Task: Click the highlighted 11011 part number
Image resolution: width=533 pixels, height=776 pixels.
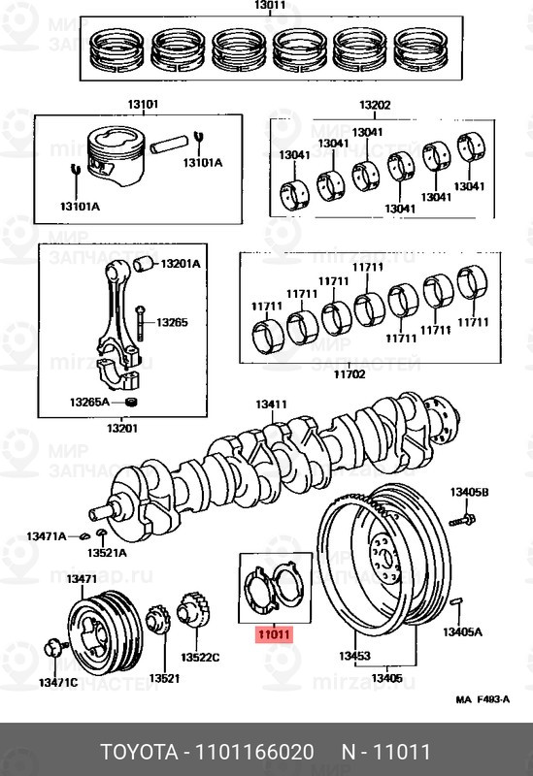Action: pyautogui.click(x=274, y=634)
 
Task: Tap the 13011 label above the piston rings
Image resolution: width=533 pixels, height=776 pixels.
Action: pyautogui.click(x=270, y=5)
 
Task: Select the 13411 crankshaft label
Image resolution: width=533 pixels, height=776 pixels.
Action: pyautogui.click(x=271, y=404)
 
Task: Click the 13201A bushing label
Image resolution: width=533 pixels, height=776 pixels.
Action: pyautogui.click(x=181, y=264)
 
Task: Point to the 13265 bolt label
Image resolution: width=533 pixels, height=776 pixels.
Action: pyautogui.click(x=172, y=323)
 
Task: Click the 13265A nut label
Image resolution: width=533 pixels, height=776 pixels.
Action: pyautogui.click(x=89, y=402)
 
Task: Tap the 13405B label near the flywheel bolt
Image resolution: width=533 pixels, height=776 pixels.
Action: pyautogui.click(x=469, y=492)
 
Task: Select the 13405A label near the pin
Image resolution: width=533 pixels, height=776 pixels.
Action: pyautogui.click(x=462, y=632)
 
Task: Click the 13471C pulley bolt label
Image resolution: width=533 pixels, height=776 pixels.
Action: pyautogui.click(x=58, y=683)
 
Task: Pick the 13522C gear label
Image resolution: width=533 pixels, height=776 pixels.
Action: pyautogui.click(x=200, y=658)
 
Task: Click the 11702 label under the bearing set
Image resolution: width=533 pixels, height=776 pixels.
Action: pyautogui.click(x=350, y=374)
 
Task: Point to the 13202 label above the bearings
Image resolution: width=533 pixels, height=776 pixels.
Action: pyautogui.click(x=375, y=105)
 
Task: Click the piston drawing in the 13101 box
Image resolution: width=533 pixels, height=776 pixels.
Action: pyautogui.click(x=116, y=155)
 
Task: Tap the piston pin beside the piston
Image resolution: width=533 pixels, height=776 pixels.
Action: pyautogui.click(x=169, y=144)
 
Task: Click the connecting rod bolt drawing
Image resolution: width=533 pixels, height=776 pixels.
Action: pyautogui.click(x=140, y=323)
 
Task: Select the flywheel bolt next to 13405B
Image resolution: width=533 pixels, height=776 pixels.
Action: pyautogui.click(x=463, y=520)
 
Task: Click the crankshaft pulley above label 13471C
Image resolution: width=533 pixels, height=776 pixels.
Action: pyautogui.click(x=105, y=632)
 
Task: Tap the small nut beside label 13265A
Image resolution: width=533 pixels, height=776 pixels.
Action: pyautogui.click(x=131, y=403)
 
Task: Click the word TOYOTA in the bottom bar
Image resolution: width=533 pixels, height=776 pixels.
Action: pyautogui.click(x=139, y=752)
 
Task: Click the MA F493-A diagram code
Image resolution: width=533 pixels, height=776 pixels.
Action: pyautogui.click(x=483, y=699)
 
